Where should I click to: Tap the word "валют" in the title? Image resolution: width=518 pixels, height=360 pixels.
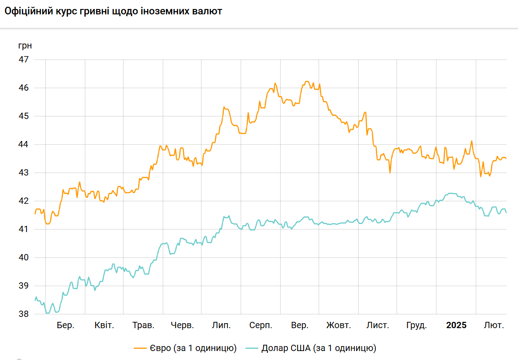[208, 11]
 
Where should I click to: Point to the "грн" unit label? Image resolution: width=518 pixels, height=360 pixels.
[25, 45]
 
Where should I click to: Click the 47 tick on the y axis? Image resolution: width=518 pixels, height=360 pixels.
[24, 60]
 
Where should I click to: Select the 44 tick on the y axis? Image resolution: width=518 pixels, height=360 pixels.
[24, 145]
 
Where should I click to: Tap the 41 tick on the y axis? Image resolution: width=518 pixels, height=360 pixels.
[24, 229]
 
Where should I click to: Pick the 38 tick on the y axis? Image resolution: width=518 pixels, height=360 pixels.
[24, 314]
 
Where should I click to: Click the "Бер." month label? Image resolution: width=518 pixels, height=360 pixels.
[65, 325]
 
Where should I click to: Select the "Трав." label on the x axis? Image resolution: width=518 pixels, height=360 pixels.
[144, 325]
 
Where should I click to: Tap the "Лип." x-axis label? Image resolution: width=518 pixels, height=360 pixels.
[221, 325]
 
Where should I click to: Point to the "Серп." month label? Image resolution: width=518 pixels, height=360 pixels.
[261, 325]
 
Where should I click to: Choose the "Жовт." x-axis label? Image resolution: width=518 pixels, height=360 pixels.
[339, 325]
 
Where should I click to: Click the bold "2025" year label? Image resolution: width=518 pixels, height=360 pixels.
[456, 325]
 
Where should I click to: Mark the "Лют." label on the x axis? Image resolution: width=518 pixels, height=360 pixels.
[494, 325]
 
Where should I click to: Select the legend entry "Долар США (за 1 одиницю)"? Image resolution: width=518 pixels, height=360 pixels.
[318, 348]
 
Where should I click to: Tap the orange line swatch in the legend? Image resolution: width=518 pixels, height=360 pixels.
[141, 348]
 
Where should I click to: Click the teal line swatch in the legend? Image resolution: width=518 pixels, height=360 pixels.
[252, 348]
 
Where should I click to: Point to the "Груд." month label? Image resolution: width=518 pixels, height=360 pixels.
[416, 325]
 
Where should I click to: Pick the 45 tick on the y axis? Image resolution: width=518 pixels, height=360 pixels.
[24, 116]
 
